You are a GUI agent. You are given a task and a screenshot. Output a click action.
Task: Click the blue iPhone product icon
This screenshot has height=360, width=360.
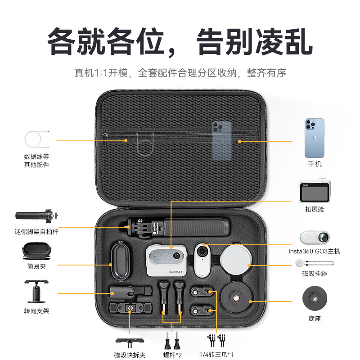(x=314, y=138)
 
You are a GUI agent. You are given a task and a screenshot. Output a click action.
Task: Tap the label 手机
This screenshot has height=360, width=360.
(x=315, y=164)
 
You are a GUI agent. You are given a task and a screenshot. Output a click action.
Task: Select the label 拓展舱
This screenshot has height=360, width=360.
(x=315, y=209)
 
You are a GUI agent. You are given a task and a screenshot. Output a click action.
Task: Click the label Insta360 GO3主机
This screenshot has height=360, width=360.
(x=315, y=251)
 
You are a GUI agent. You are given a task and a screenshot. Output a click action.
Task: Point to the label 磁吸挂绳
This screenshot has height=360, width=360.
(x=315, y=273)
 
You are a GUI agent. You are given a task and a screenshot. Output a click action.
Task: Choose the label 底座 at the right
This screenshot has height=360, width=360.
(x=315, y=319)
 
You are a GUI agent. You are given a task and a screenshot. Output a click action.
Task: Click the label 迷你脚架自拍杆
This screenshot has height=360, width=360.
(x=36, y=232)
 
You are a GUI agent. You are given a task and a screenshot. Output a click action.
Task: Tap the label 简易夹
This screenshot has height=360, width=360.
(x=36, y=266)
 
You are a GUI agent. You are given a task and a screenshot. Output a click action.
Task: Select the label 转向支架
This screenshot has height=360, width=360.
(x=36, y=311)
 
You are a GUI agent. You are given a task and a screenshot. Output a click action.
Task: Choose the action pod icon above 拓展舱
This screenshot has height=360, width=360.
(x=315, y=191)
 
